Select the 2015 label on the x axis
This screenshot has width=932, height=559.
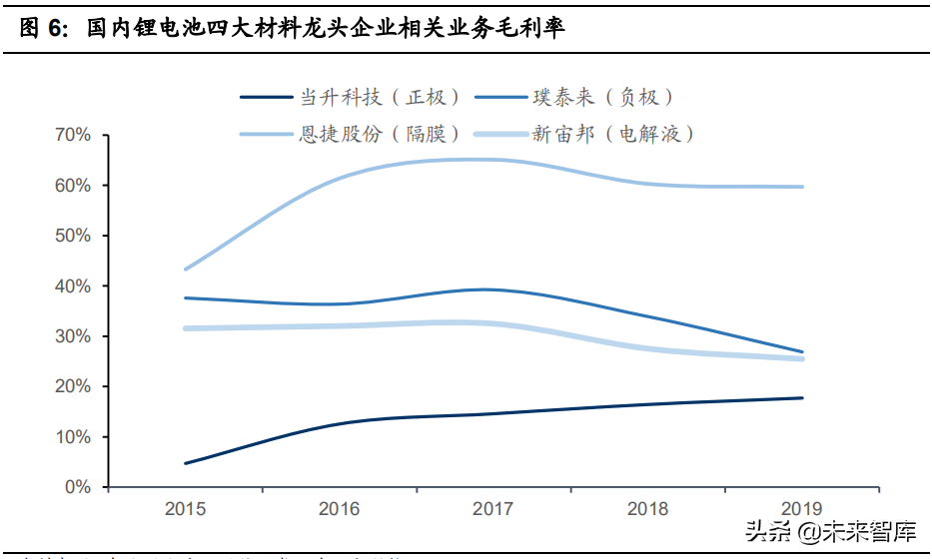pos(186,509)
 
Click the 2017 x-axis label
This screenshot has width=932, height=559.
pos(493,509)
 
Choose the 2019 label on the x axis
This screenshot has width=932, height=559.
pos(802,509)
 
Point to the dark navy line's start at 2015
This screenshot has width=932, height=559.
pos(186,463)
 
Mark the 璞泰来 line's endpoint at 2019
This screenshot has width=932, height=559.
pos(802,351)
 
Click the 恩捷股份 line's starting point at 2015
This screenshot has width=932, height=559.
pos(186,270)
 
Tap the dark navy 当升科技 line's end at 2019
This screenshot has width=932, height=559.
pos(802,398)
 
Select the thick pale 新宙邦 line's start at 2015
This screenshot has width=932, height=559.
pos(186,328)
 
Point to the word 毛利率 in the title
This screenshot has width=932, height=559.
pos(534,29)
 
